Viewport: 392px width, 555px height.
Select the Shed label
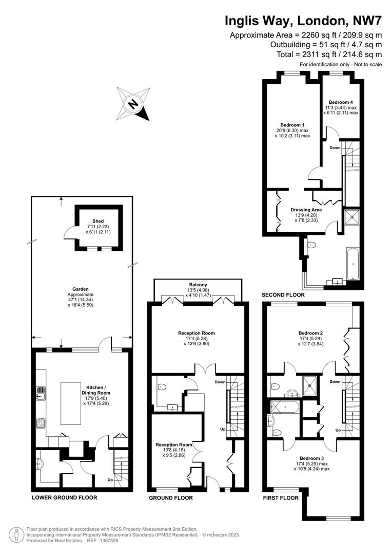98,221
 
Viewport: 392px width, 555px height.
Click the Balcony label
198,285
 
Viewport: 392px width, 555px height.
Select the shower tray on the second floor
352,217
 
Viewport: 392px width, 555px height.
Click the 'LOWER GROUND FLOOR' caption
64,497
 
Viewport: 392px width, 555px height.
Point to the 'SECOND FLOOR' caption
283,295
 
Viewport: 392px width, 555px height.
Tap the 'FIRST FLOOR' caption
281,498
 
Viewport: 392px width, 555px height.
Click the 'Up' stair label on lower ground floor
110,480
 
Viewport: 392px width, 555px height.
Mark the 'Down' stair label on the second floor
335,147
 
